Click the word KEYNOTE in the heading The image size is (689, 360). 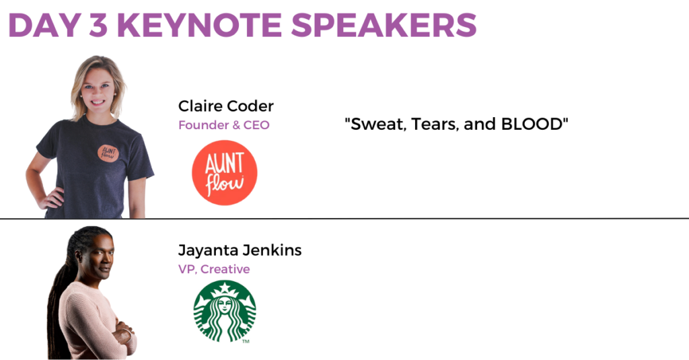pyautogui.click(x=199, y=25)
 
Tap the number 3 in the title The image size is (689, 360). pyautogui.click(x=98, y=25)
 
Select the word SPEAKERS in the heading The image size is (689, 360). pyautogui.click(x=384, y=25)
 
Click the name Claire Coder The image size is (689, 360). pyautogui.click(x=226, y=106)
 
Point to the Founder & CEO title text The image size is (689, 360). pyautogui.click(x=223, y=125)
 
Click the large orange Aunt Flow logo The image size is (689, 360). pyautogui.click(x=225, y=173)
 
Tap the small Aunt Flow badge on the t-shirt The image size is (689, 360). pyautogui.click(x=108, y=153)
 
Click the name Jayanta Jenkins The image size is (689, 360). pyautogui.click(x=240, y=250)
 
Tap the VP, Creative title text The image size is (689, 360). pyautogui.click(x=214, y=269)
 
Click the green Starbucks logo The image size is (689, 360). pyautogui.click(x=225, y=311)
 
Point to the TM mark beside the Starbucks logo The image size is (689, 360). pyautogui.click(x=246, y=341)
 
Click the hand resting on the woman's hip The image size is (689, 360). pyautogui.click(x=51, y=199)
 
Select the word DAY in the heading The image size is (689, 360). pyautogui.click(x=44, y=25)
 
